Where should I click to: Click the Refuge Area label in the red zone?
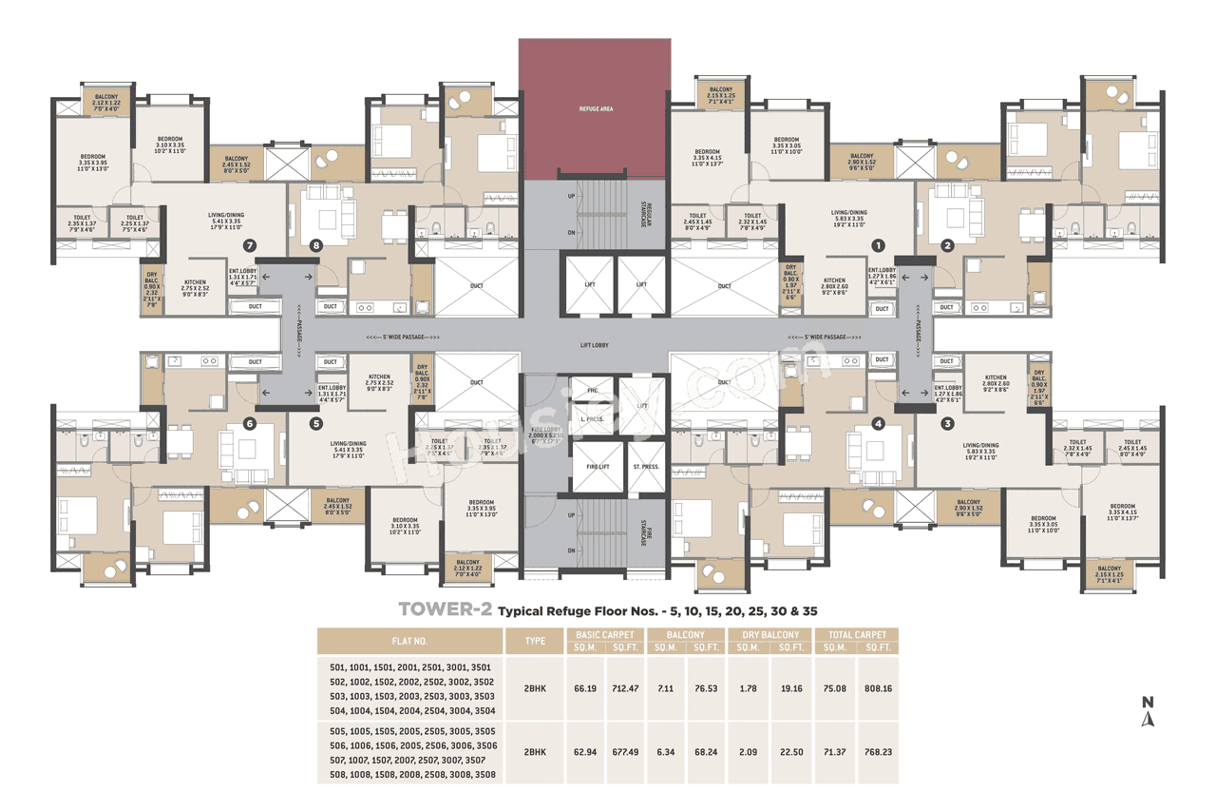pos(596,109)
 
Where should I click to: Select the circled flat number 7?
pos(251,245)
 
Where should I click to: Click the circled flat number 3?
pos(946,424)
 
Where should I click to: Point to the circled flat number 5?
pos(316,424)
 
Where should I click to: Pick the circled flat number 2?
pos(946,245)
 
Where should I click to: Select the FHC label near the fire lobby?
pos(591,391)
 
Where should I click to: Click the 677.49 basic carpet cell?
pos(620,751)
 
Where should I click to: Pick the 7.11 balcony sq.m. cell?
pos(664,686)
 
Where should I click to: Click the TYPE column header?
pos(534,640)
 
